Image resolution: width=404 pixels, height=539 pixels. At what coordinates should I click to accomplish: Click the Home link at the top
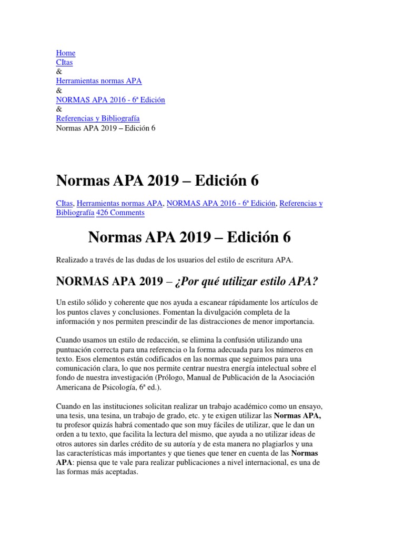click(65, 53)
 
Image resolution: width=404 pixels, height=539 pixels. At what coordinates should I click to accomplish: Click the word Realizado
click(72, 259)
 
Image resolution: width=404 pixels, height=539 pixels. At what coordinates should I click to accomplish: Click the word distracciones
click(245, 321)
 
